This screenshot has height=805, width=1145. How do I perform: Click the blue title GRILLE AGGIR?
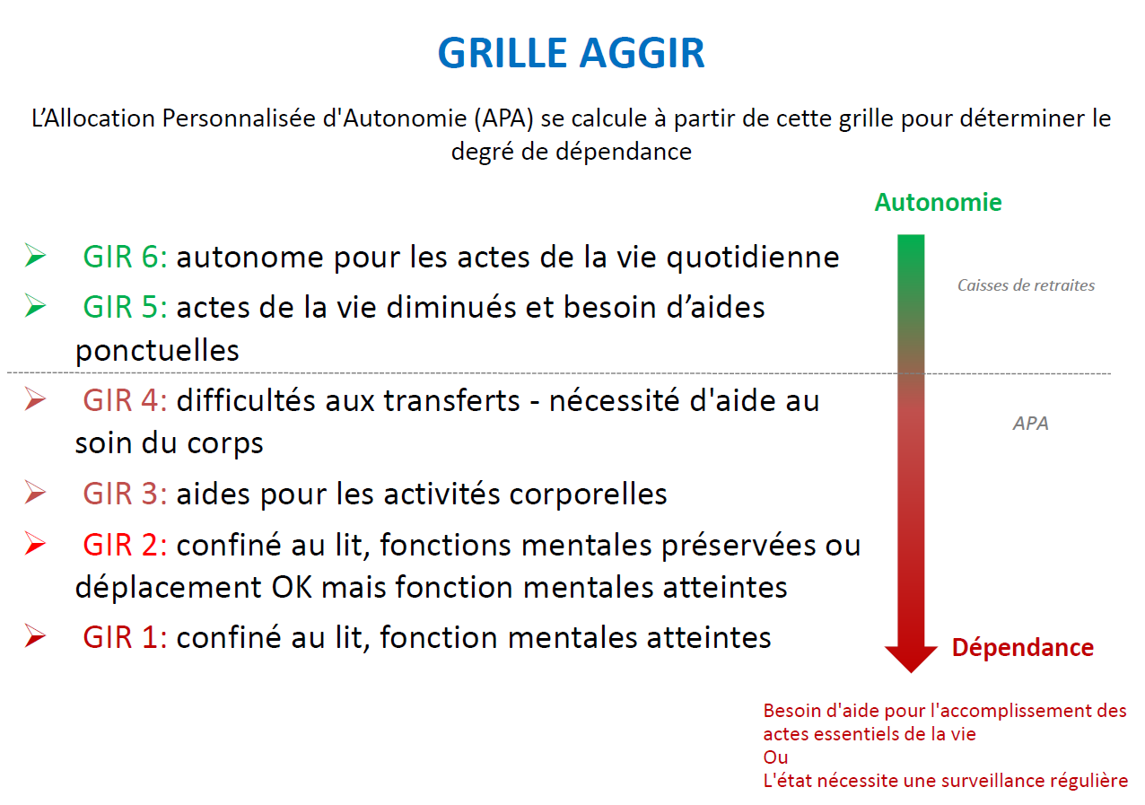coord(571,53)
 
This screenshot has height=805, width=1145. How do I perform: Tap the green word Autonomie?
coord(938,203)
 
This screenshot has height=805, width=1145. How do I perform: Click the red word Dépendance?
coord(1022,648)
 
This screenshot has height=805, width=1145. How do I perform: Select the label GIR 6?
coord(125,257)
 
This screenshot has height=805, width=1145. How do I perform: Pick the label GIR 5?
coord(125,307)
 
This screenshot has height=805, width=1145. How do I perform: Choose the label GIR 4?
coord(125,400)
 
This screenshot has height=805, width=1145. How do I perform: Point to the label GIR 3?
coord(125,494)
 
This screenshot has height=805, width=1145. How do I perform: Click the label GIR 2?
coord(125,545)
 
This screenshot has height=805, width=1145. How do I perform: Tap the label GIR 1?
coord(125,638)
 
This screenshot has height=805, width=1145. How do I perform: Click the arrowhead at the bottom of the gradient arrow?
coord(911,659)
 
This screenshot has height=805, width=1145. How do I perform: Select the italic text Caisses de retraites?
coord(1026,285)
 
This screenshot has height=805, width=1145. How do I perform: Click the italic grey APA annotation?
coord(1030,424)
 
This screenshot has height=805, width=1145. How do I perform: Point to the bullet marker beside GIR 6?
coord(35,256)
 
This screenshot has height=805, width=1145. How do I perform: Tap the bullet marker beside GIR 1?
coord(35,637)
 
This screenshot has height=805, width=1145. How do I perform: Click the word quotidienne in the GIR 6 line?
coord(753,257)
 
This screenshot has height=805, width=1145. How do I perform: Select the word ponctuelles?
coord(157,351)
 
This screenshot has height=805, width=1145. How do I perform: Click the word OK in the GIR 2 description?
coord(292,587)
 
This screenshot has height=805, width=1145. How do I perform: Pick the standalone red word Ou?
coord(775,757)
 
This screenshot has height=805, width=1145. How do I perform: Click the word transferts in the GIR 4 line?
coord(452,400)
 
